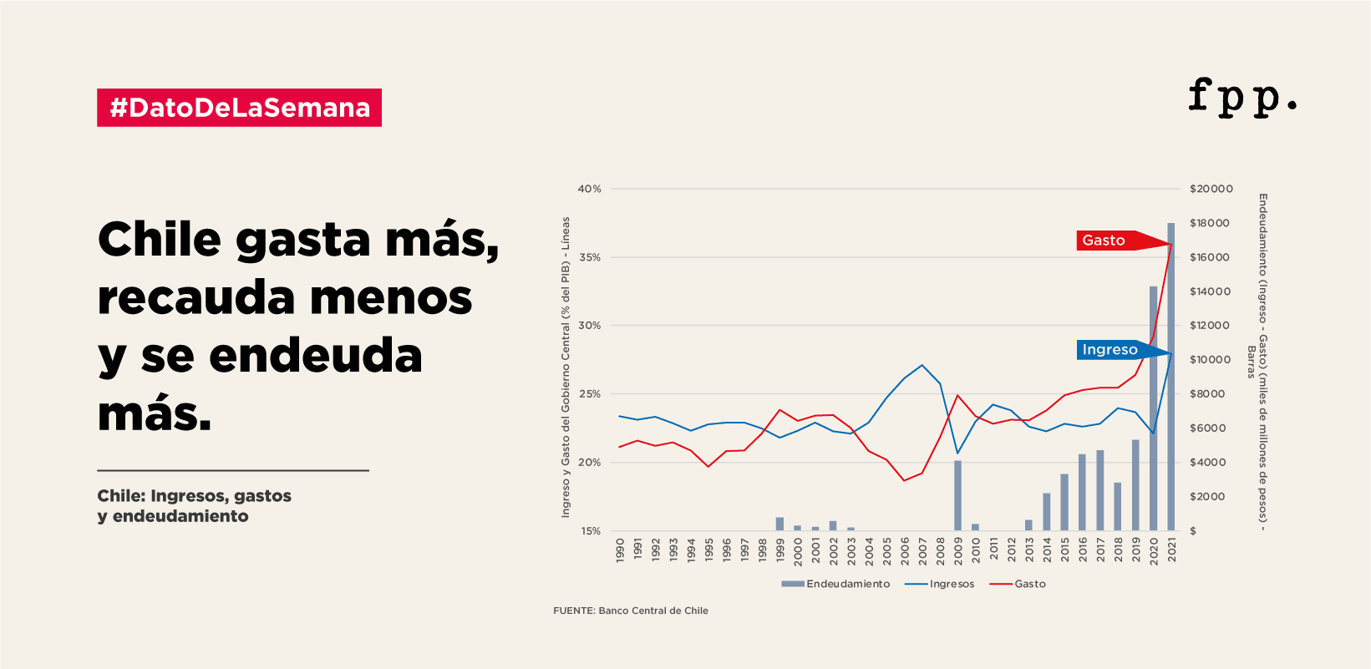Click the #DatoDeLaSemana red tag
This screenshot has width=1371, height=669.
tap(239, 108)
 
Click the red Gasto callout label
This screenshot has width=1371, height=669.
tap(1104, 241)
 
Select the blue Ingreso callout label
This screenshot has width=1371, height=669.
tap(1110, 350)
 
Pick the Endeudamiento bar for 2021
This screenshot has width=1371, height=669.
tap(1171, 376)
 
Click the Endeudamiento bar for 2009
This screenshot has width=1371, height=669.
tap(957, 495)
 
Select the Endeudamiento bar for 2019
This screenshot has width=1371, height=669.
tap(1135, 485)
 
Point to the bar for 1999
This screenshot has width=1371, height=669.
tap(779, 524)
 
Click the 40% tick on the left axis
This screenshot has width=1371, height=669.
tap(590, 189)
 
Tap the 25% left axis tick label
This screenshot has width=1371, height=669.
tap(590, 394)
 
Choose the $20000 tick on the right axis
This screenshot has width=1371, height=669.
tap(1211, 189)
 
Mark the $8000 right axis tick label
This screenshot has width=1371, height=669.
tap(1207, 394)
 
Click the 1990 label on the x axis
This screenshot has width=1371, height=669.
tap(620, 550)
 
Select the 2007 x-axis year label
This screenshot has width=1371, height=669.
tap(922, 550)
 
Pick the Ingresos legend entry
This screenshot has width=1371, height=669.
tap(941, 584)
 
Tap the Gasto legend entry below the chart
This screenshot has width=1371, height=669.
tap(1018, 584)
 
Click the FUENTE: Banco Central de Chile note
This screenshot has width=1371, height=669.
tap(631, 611)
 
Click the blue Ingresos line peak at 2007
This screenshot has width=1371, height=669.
tap(922, 365)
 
